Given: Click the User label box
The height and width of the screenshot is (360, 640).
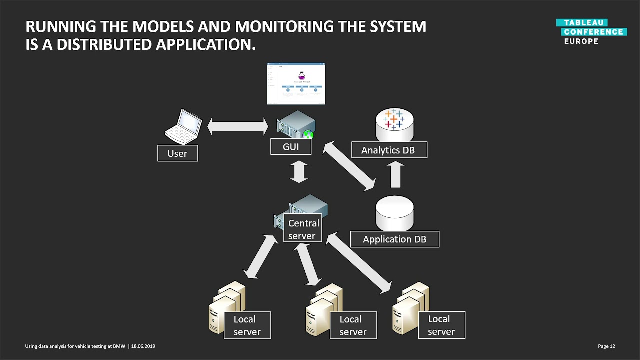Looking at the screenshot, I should [x=177, y=153].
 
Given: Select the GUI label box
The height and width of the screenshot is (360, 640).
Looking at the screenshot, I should [x=291, y=147].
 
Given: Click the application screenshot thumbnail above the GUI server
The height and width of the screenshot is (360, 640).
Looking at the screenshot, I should [x=296, y=83].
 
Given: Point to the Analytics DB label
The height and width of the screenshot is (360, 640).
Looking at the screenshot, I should [x=388, y=150].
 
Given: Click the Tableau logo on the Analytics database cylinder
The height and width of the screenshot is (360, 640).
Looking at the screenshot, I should [x=394, y=119].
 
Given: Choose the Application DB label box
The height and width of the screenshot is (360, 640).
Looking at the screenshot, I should [x=394, y=239].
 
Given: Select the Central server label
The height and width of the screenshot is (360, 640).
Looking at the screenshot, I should [x=303, y=229].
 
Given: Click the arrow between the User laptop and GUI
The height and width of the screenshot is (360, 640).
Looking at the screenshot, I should [x=237, y=126].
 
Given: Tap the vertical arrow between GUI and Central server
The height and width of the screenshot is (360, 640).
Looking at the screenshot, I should [x=299, y=171].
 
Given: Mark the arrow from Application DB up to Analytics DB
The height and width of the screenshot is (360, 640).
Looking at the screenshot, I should [x=395, y=174].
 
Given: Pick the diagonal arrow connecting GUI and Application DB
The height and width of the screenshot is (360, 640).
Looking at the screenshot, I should [x=349, y=166].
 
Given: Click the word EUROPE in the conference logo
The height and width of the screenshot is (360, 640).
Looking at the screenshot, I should [x=581, y=41].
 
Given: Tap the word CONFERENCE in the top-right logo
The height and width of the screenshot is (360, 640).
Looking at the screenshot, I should [x=593, y=32].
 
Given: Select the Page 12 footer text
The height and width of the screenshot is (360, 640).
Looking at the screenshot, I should [x=606, y=346].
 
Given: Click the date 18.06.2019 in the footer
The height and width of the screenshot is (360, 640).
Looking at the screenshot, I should [x=143, y=346].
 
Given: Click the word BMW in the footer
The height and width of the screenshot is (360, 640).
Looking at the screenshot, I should [x=119, y=346].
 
